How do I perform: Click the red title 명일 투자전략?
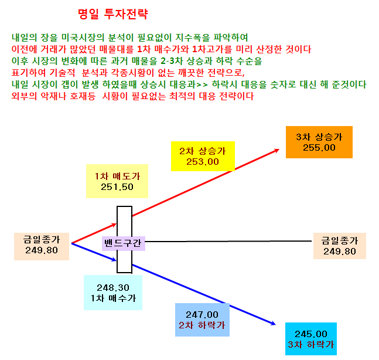point(113,14)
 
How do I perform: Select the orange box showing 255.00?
point(319,142)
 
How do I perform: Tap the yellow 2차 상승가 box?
point(203,157)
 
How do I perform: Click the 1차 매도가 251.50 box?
point(117,181)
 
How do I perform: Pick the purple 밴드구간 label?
point(124,243)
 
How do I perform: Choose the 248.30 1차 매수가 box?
point(113,293)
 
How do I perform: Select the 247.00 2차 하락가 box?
point(202,320)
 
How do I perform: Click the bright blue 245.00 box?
point(311,339)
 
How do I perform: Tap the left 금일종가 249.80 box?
point(42,246)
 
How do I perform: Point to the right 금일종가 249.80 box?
point(340,246)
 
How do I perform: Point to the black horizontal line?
point(228,241)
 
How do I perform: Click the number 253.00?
point(203,162)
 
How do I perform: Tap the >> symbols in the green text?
point(202,84)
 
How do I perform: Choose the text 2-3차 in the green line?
point(172,61)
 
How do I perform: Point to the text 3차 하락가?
point(311,344)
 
